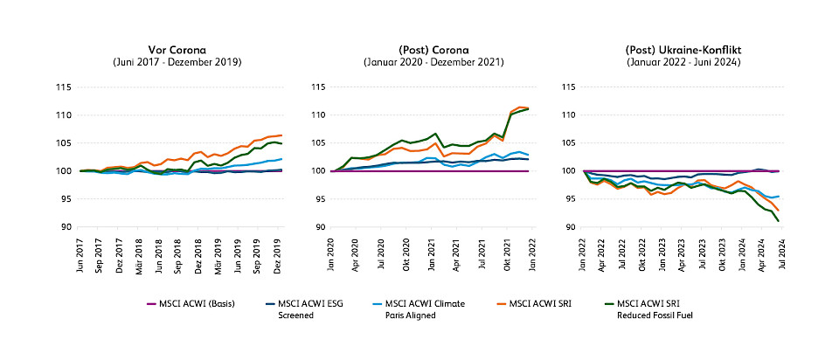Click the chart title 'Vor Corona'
[177, 51]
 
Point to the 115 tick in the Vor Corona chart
[62, 87]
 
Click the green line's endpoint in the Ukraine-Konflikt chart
[778, 221]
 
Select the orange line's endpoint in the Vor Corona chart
[281, 135]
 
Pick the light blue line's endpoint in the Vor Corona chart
[281, 159]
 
